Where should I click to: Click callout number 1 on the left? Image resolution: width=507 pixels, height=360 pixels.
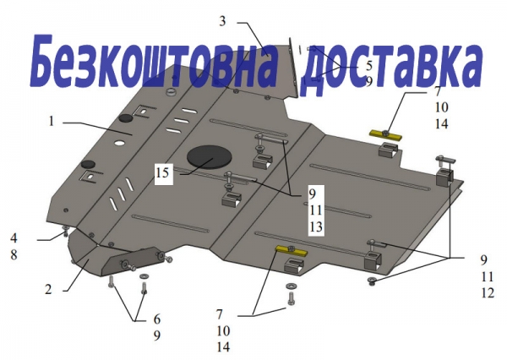tap(52, 122)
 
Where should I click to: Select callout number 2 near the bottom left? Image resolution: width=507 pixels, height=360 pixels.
tap(48, 289)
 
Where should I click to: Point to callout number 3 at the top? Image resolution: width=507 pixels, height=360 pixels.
tap(222, 21)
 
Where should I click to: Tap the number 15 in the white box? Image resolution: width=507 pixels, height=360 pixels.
tap(163, 172)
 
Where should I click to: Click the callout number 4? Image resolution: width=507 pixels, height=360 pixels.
tap(14, 238)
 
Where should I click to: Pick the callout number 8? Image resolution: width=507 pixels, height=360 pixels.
tap(14, 254)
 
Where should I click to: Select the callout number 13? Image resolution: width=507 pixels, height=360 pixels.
tap(315, 226)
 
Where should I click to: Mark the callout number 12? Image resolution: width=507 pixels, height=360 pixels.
tap(488, 292)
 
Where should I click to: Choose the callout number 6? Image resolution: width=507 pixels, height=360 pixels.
tap(157, 319)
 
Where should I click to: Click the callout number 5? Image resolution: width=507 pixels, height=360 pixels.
tap(369, 66)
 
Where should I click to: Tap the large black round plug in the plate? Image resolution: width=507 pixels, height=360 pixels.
tap(210, 158)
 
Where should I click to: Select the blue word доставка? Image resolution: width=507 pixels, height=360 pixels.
tap(391, 68)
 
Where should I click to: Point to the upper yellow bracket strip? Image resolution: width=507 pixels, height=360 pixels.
tap(386, 135)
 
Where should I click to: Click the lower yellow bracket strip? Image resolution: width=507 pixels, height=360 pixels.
tap(292, 250)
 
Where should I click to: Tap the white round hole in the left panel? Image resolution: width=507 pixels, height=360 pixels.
tap(119, 143)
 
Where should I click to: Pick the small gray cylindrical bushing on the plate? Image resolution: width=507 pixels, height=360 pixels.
tap(171, 91)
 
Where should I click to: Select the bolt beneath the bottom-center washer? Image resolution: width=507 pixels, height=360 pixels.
tap(291, 298)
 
